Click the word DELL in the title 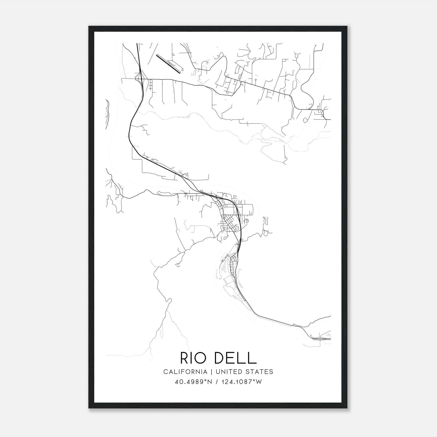click(x=235, y=358)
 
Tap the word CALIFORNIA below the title click(x=185, y=371)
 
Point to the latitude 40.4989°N click(x=193, y=382)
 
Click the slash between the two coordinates click(x=216, y=382)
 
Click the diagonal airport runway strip click(x=169, y=64)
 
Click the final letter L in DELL click(x=252, y=358)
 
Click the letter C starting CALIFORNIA click(x=166, y=371)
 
